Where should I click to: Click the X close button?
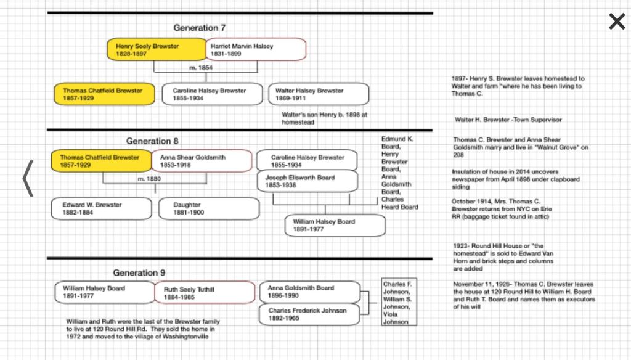[x=616, y=22]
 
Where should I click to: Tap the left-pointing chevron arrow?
[x=27, y=179]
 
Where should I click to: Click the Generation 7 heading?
[x=195, y=28]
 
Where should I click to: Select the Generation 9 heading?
[x=139, y=272]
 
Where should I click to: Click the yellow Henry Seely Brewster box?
[x=157, y=50]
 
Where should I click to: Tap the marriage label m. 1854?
[x=200, y=68]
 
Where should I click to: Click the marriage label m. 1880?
[x=150, y=178]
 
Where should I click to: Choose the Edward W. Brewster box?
[x=100, y=208]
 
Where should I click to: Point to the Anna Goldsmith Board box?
[x=309, y=292]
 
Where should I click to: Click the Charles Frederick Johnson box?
[x=309, y=314]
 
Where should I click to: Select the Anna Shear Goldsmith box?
[x=202, y=161]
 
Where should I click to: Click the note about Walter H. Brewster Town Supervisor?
[x=508, y=120]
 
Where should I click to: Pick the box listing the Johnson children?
[x=396, y=303]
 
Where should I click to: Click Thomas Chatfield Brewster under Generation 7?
[x=102, y=94]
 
